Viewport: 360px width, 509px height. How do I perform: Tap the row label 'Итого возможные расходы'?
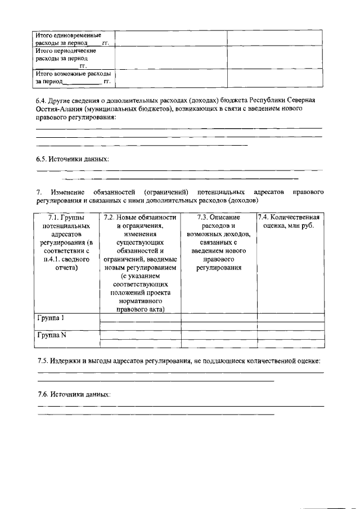click(x=72, y=77)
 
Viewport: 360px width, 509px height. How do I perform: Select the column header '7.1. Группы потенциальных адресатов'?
click(x=66, y=242)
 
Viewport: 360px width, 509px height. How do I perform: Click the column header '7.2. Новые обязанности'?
click(x=140, y=217)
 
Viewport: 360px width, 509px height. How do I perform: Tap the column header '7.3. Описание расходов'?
click(x=219, y=217)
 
